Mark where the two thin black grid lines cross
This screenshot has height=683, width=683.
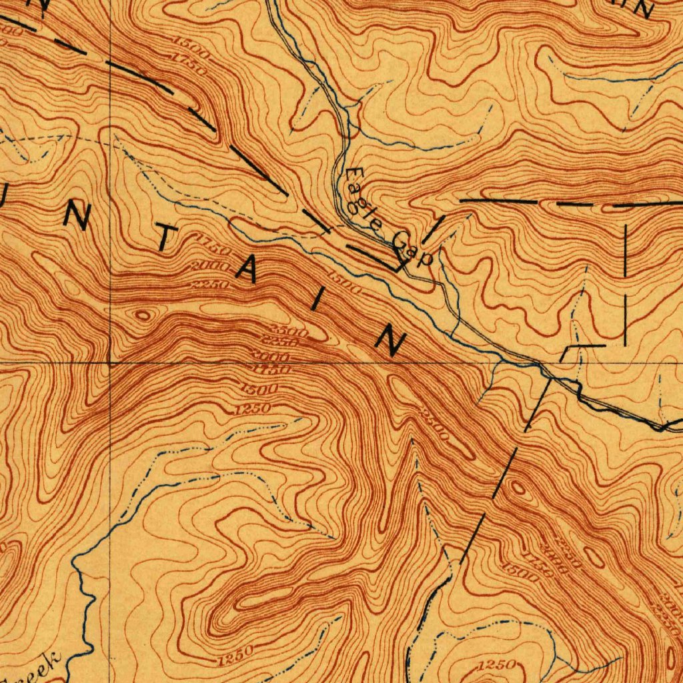109,363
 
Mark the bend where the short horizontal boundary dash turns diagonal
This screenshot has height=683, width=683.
567,348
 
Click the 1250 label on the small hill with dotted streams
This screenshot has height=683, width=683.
497,664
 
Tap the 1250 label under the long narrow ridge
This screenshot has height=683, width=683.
235,652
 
